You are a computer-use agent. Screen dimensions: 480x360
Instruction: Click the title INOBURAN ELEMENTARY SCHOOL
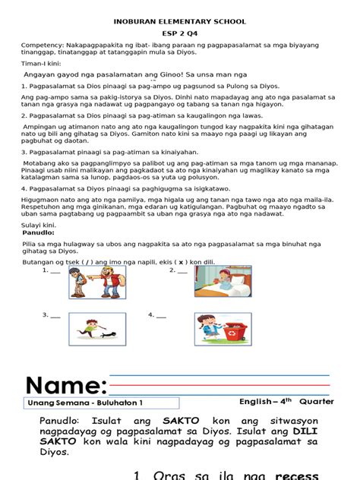[179, 22]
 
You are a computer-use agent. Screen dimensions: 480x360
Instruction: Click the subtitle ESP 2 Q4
[179, 34]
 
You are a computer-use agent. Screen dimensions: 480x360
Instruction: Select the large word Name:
[65, 384]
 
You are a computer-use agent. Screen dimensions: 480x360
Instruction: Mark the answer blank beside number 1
[55, 270]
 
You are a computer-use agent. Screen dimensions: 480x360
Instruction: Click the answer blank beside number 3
[55, 314]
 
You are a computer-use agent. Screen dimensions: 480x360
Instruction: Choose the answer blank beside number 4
[160, 314]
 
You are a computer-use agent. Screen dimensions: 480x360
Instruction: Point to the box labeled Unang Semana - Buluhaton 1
[84, 403]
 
